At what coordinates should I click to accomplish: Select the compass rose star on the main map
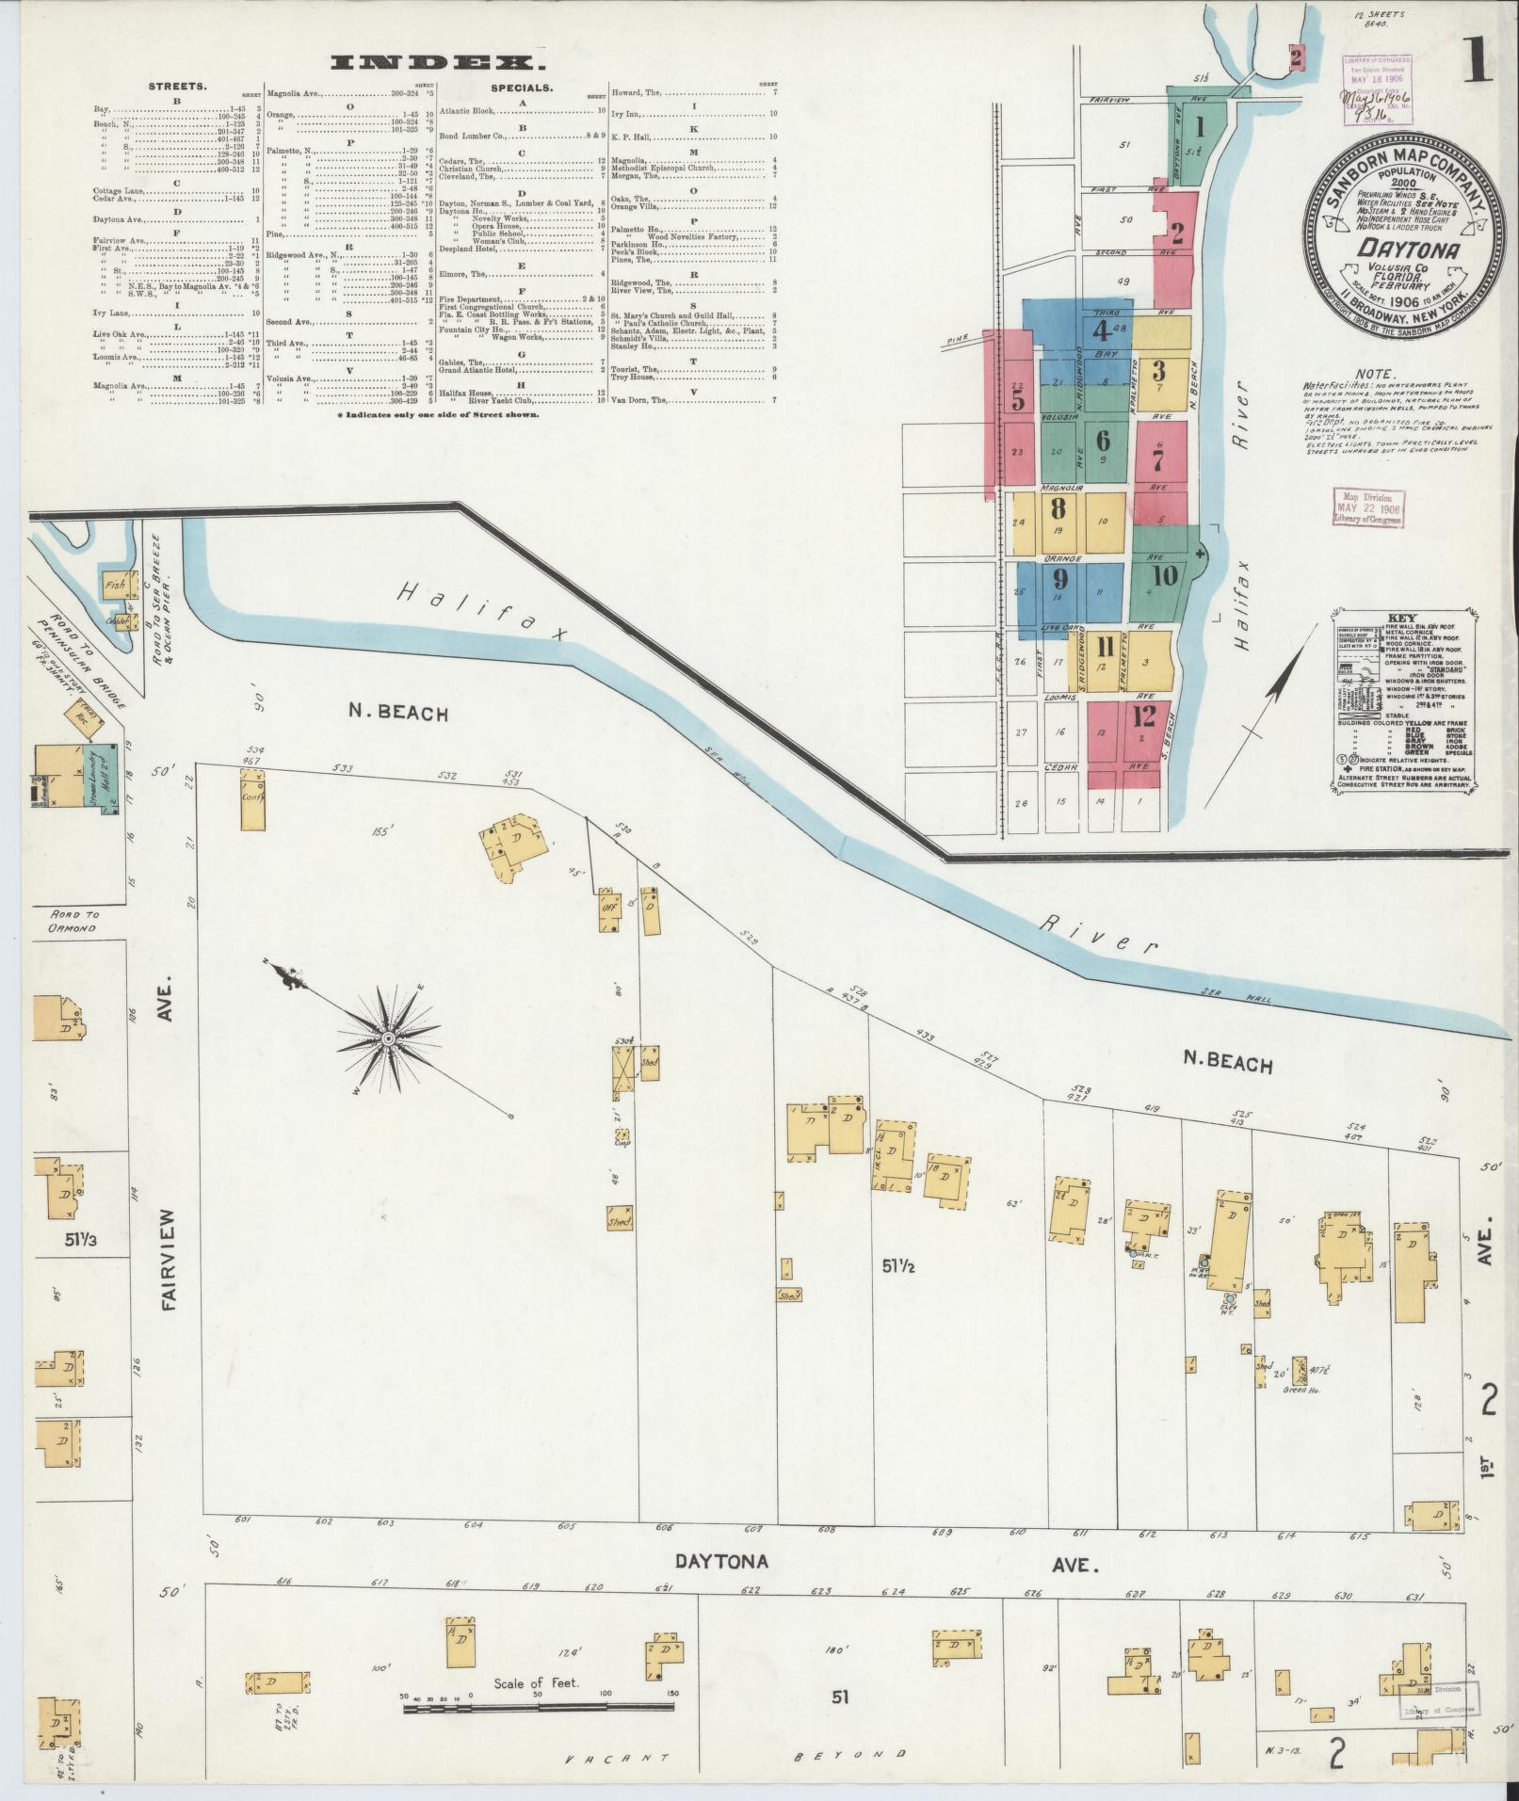(387, 1037)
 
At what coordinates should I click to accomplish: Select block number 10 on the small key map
(1164, 575)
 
